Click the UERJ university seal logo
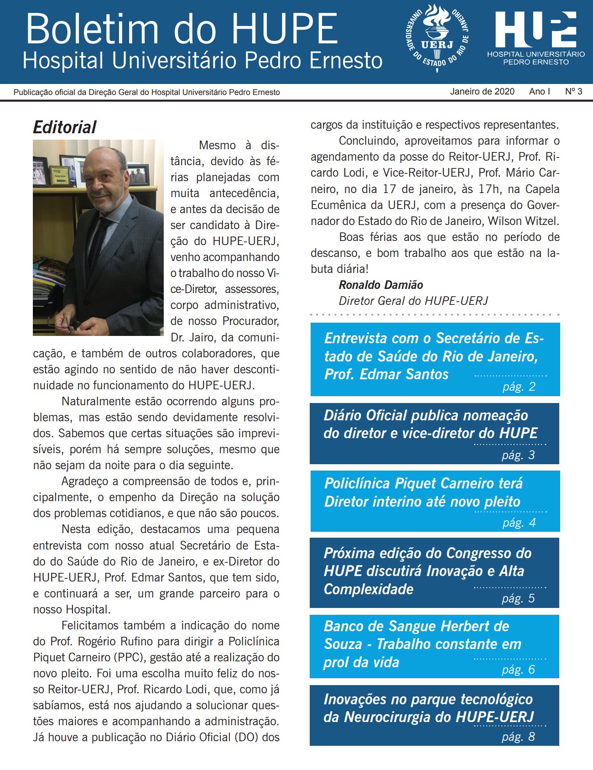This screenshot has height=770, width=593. pos(437,37)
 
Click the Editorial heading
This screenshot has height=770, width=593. pos(65,127)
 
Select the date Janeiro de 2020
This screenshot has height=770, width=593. pos(482,91)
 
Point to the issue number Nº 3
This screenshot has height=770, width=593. pos(573,91)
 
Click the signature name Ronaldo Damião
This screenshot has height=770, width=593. pos(380,285)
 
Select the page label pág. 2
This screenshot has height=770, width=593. pos(519,387)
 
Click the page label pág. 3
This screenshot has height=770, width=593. pos(518,455)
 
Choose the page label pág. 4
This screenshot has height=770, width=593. pos(519,523)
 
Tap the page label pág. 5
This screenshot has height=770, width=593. pos(518,598)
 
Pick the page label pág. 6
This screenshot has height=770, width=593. pos(518,670)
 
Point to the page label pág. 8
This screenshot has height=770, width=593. pos(518,737)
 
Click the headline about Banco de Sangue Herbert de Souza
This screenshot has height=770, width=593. pos(422,644)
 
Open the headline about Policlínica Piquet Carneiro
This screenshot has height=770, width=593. pos(423,492)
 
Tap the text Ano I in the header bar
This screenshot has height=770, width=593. pos(539,91)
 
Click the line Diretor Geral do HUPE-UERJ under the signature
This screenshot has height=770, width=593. pos(413,301)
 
